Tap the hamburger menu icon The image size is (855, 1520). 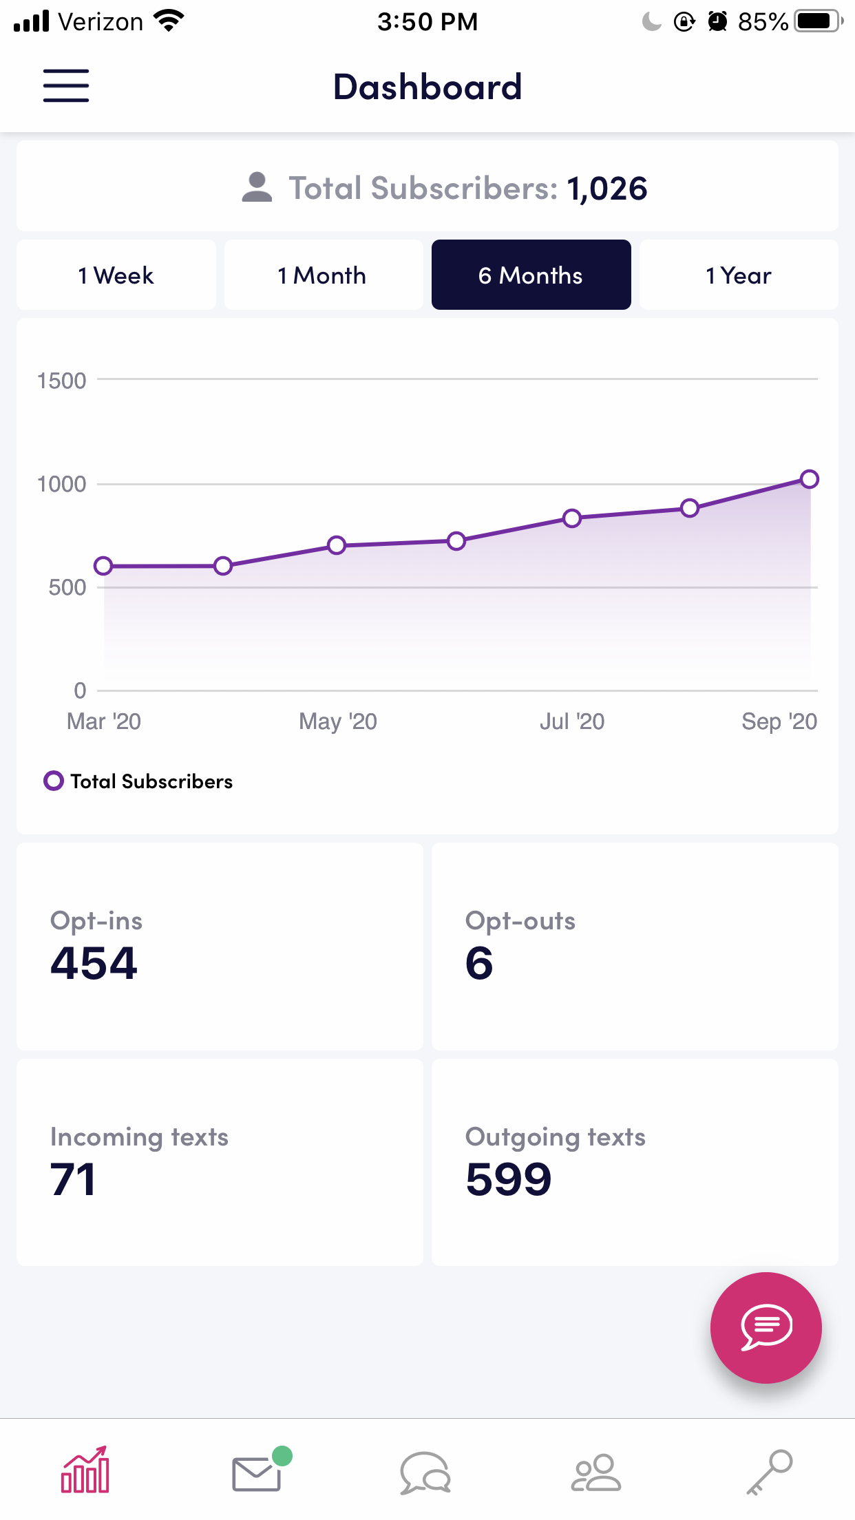[x=66, y=86]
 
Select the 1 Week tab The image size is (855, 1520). [x=116, y=275]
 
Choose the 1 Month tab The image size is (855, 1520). [x=323, y=275]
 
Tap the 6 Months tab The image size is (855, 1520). [x=531, y=275]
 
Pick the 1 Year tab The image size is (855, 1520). [x=739, y=275]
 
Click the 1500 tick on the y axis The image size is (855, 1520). [x=62, y=381]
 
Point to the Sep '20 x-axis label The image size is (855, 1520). [x=779, y=721]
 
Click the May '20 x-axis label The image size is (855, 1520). [x=338, y=721]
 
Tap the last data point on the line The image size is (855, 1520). [x=810, y=479]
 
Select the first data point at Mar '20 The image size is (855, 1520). [x=103, y=566]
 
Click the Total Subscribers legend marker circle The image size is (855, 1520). [x=54, y=781]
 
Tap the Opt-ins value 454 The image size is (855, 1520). [x=94, y=963]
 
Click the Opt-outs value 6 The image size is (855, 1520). [x=479, y=963]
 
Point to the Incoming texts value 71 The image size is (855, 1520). [x=73, y=1179]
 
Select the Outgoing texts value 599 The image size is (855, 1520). [x=509, y=1179]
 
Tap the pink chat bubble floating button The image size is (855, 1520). [x=766, y=1327]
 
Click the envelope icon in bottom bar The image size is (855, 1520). [x=257, y=1473]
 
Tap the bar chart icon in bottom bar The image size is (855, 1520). [x=85, y=1470]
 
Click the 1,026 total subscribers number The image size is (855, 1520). [x=607, y=189]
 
